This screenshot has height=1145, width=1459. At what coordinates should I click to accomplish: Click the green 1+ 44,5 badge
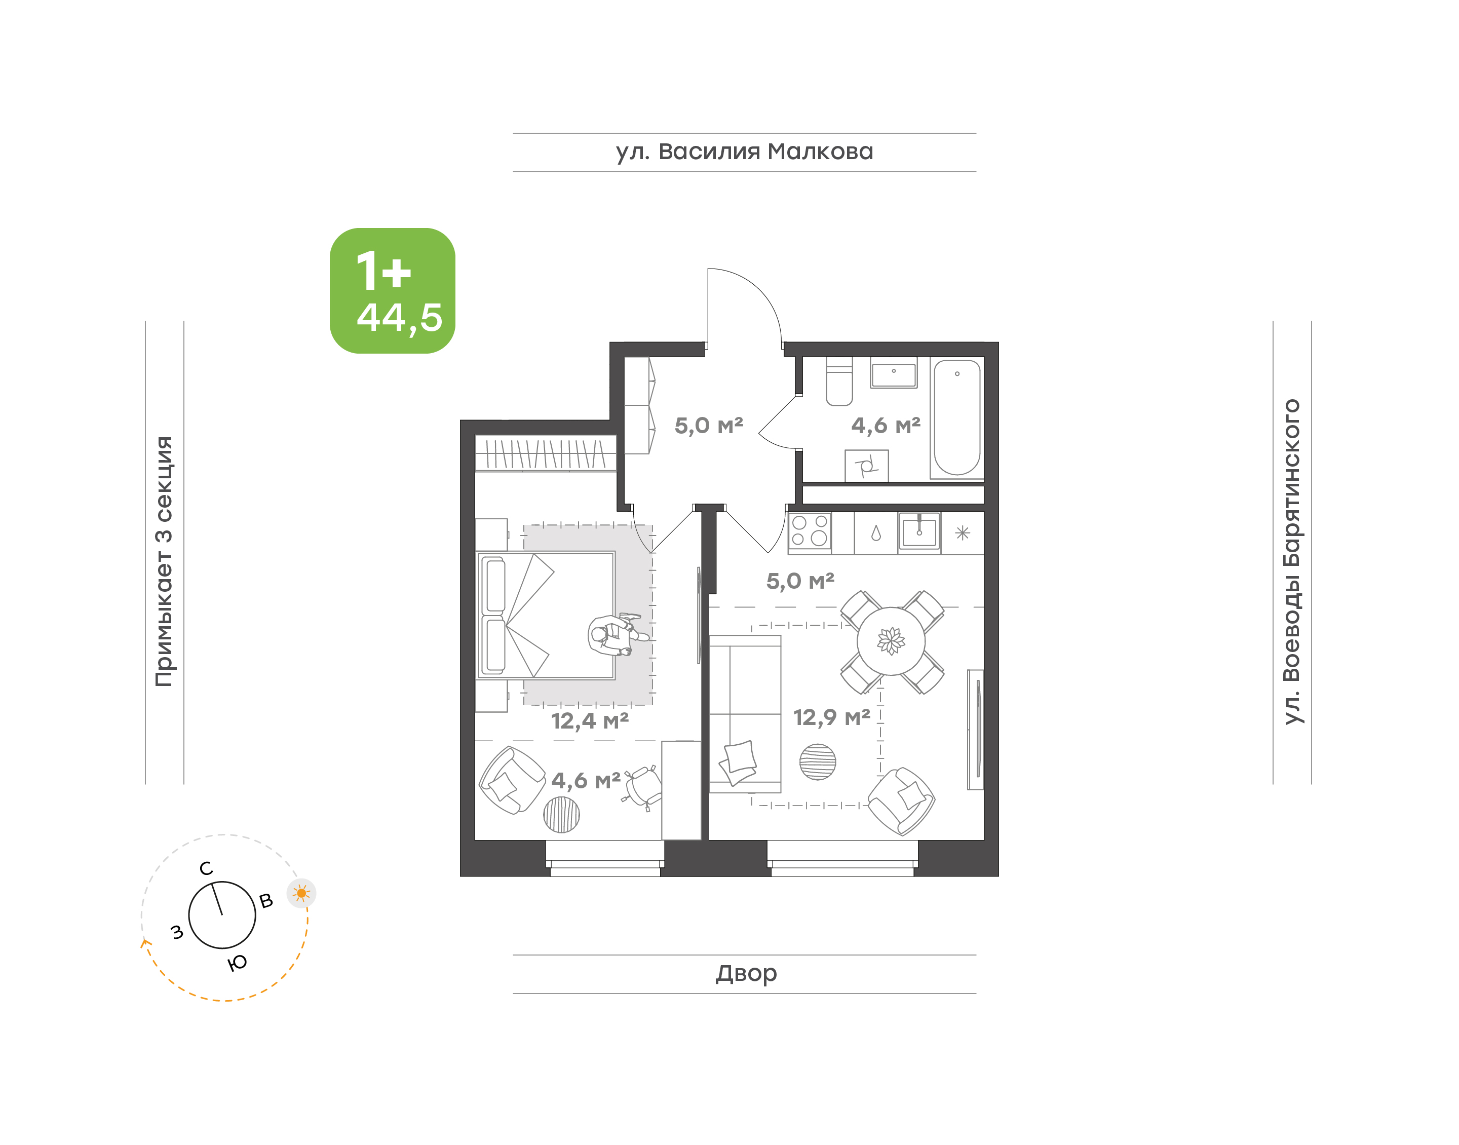pyautogui.click(x=392, y=290)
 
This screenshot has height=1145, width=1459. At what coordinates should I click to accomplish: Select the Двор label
pyautogui.click(x=745, y=973)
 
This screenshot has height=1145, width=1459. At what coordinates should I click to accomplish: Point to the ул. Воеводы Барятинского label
pyautogui.click(x=1291, y=562)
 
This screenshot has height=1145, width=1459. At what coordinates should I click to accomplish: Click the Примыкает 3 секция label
pyautogui.click(x=164, y=562)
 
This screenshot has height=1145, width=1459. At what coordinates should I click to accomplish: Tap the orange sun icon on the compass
pyautogui.click(x=301, y=893)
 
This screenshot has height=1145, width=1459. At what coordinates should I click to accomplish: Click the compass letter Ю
pyautogui.click(x=237, y=963)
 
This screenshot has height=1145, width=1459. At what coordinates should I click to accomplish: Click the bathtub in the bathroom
pyautogui.click(x=956, y=417)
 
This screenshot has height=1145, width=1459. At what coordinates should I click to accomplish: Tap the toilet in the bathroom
pyautogui.click(x=838, y=382)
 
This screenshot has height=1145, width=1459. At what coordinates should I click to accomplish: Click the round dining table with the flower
pyautogui.click(x=891, y=641)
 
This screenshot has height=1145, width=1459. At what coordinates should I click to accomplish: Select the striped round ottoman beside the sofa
pyautogui.click(x=817, y=762)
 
